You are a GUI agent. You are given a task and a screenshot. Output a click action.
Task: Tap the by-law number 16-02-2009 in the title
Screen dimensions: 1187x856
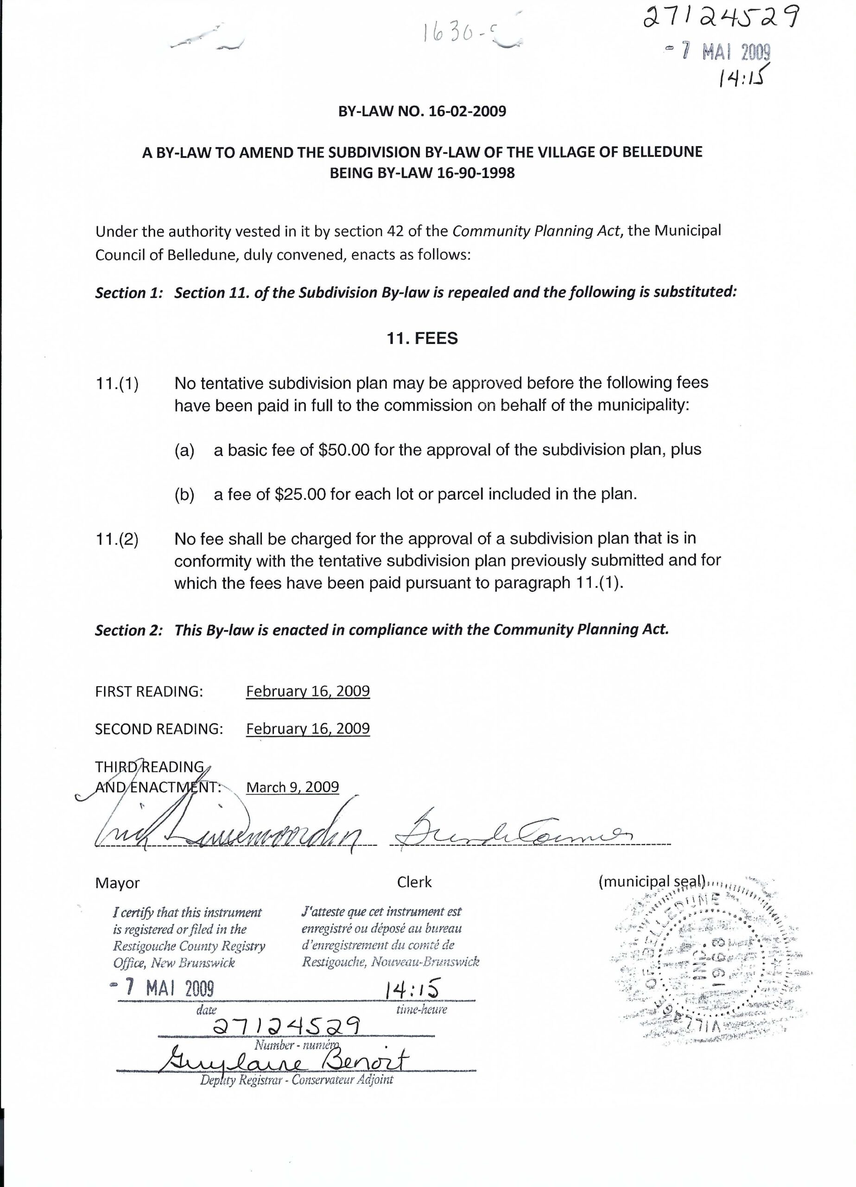click(x=467, y=111)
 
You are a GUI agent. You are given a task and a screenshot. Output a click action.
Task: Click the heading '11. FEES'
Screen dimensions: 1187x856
click(x=422, y=338)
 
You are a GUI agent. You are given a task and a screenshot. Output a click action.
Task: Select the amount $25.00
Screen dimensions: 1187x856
click(x=300, y=494)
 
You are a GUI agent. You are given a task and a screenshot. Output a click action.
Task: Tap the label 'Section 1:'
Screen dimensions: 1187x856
click(x=127, y=293)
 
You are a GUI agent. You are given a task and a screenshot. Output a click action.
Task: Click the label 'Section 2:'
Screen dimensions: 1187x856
click(x=127, y=630)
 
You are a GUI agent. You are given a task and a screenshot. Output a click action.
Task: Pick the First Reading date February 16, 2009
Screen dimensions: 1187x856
click(x=308, y=691)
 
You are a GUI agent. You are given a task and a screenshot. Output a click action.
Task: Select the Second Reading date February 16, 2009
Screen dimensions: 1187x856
click(x=308, y=728)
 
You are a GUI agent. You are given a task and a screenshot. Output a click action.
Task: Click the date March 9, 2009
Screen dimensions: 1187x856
click(x=292, y=787)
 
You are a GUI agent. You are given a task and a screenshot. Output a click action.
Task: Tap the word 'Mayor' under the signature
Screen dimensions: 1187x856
click(x=117, y=883)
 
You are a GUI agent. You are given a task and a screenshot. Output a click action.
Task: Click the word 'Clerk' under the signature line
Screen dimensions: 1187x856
click(x=414, y=882)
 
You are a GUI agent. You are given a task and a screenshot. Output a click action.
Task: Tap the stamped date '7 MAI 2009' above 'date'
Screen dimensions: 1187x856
click(x=163, y=988)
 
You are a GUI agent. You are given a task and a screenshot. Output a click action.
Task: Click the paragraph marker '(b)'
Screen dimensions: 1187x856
click(x=184, y=495)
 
